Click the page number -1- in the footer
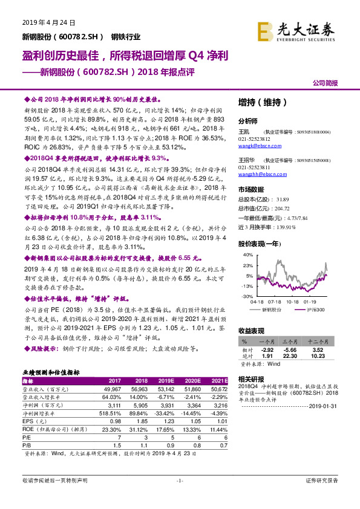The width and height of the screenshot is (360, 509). tap(180, 497)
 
